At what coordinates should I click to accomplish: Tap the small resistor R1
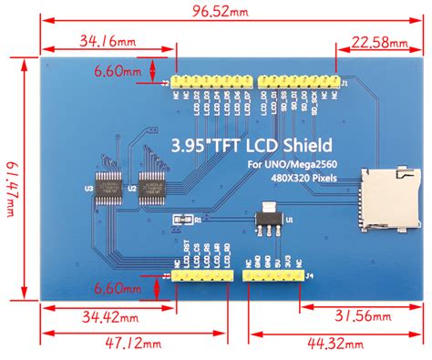click(180, 220)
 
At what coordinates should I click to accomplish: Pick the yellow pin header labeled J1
click(301, 83)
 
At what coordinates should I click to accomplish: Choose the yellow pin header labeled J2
click(209, 83)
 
